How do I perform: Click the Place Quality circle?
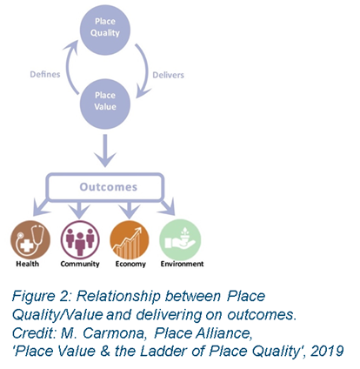pyautogui.click(x=105, y=30)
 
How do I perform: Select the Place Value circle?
pyautogui.click(x=105, y=104)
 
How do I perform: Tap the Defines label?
pyautogui.click(x=45, y=74)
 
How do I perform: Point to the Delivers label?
pyautogui.click(x=168, y=75)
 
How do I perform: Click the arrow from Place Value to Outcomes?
pyautogui.click(x=105, y=151)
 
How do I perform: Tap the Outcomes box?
pyautogui.click(x=105, y=187)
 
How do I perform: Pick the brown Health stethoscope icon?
pyautogui.click(x=30, y=240)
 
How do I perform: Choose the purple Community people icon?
pyautogui.click(x=80, y=240)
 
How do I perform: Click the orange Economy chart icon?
pyautogui.click(x=130, y=240)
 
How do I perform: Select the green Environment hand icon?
pyautogui.click(x=180, y=240)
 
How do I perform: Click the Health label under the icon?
pyautogui.click(x=27, y=264)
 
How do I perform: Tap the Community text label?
pyautogui.click(x=80, y=264)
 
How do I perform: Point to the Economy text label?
pyautogui.click(x=130, y=264)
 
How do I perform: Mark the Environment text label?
pyautogui.click(x=182, y=264)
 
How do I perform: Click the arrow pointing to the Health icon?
pyautogui.click(x=41, y=206)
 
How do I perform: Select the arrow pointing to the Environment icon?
pyautogui.click(x=168, y=206)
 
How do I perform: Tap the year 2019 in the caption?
pyautogui.click(x=327, y=351)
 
